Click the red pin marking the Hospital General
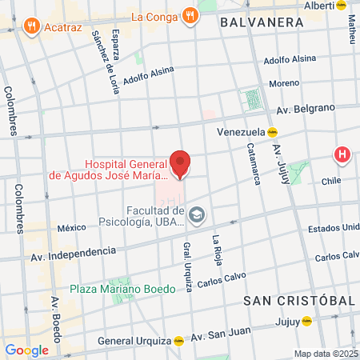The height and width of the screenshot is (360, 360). click(181, 162)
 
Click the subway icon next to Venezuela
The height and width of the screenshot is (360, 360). click(272, 132)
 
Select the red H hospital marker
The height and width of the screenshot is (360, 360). click(342, 154)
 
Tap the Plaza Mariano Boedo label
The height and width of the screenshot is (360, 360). click(122, 289)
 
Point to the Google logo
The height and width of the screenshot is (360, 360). click(26, 350)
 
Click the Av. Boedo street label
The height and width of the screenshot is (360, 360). click(56, 316)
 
